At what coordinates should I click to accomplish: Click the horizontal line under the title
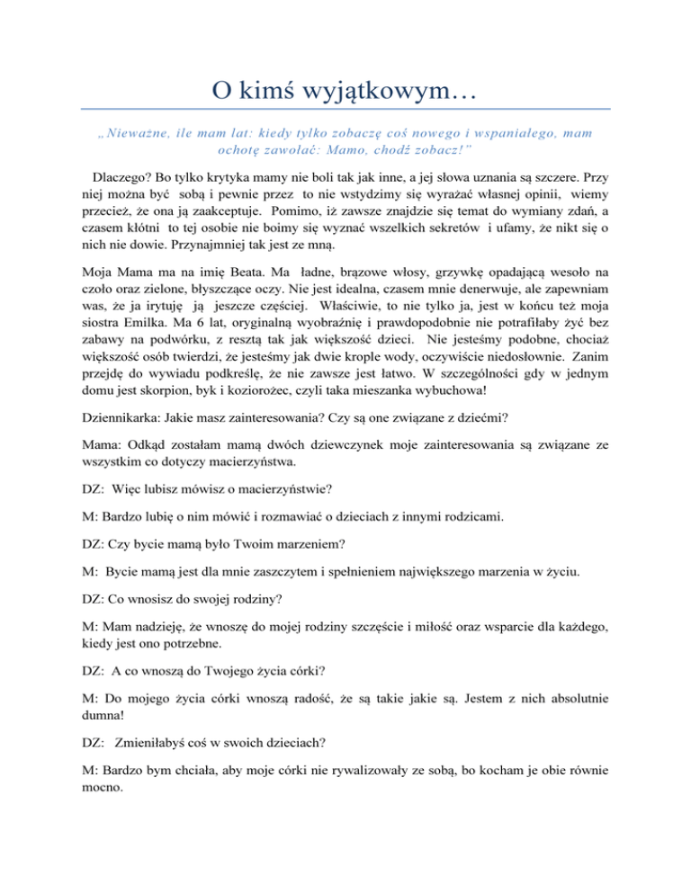(345, 110)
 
